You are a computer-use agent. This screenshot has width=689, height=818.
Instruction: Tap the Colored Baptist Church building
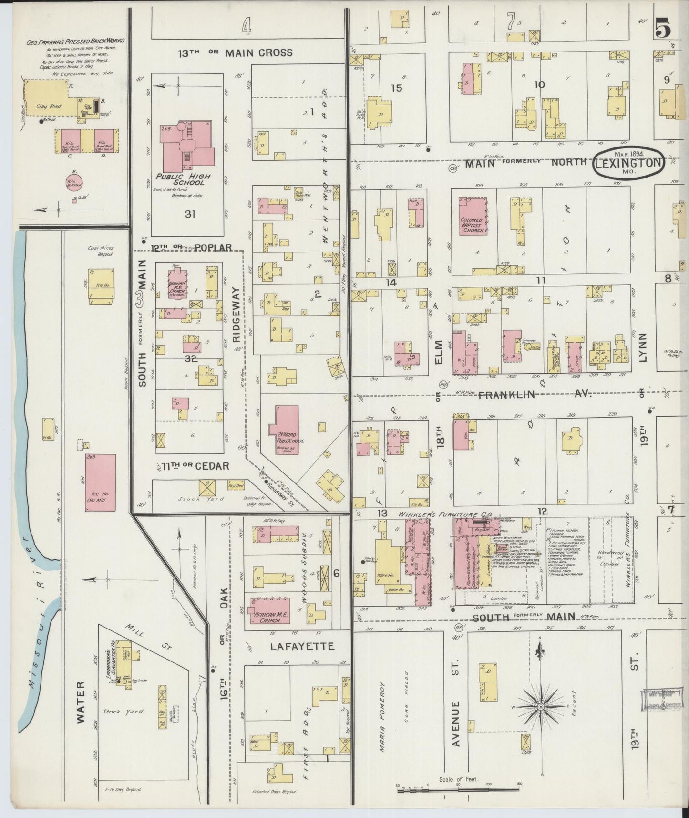click(473, 217)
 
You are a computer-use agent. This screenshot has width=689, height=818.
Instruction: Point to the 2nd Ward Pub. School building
click(287, 430)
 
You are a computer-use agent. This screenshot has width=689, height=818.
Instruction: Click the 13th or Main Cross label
click(235, 52)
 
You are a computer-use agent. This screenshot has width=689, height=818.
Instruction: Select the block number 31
click(190, 214)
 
